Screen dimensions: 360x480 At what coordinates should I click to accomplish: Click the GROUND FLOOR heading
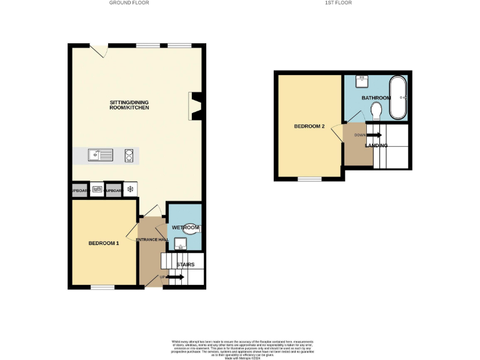tap(129, 3)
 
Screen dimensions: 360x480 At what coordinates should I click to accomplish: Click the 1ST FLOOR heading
tap(338, 3)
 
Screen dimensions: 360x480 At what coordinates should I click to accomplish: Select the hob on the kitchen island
tap(129, 156)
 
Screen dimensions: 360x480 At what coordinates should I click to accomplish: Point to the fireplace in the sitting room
tap(196, 106)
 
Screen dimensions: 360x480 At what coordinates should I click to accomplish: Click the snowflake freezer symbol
tap(131, 189)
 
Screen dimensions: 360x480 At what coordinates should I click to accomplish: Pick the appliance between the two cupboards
tap(97, 189)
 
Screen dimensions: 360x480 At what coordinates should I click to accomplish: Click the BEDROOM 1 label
tap(103, 243)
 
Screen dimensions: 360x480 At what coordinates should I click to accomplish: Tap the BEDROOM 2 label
tap(309, 126)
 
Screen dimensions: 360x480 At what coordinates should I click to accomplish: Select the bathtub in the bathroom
tap(397, 97)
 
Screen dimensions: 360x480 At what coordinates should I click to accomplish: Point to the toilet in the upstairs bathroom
tap(376, 111)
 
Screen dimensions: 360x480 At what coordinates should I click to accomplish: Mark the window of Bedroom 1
tap(103, 287)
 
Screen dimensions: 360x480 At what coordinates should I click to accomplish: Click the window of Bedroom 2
tap(309, 179)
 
